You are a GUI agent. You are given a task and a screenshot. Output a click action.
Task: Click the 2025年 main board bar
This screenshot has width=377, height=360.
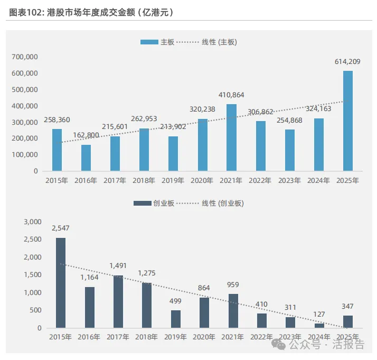pyautogui.click(x=348, y=121)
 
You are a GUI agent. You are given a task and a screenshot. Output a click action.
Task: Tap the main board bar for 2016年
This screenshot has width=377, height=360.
pyautogui.click(x=86, y=158)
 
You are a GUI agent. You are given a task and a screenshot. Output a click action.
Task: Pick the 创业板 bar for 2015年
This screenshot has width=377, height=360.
pyautogui.click(x=61, y=283)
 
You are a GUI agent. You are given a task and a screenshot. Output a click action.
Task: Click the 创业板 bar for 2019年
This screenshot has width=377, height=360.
pyautogui.click(x=176, y=319)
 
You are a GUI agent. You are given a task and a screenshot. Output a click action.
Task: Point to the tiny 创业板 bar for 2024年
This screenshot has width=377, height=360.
pyautogui.click(x=319, y=326)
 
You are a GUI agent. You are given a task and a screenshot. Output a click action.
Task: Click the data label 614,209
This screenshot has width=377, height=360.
pyautogui.click(x=347, y=62)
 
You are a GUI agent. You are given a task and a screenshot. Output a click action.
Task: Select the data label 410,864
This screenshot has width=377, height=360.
pyautogui.click(x=231, y=95)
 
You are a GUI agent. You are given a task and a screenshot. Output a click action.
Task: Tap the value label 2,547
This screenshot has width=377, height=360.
pyautogui.click(x=61, y=228)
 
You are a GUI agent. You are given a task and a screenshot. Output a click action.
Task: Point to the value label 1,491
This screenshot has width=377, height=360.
pyautogui.click(x=119, y=266)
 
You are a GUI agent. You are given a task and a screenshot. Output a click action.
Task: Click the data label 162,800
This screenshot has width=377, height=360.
pyautogui.click(x=86, y=135)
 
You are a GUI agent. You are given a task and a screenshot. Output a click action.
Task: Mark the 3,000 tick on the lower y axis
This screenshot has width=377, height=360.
pyautogui.click(x=32, y=221)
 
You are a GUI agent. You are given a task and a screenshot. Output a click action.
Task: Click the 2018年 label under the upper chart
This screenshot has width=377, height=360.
pyautogui.click(x=144, y=181)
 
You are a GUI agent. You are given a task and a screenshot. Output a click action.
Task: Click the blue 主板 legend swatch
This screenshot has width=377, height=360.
pyautogui.click(x=149, y=42)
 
